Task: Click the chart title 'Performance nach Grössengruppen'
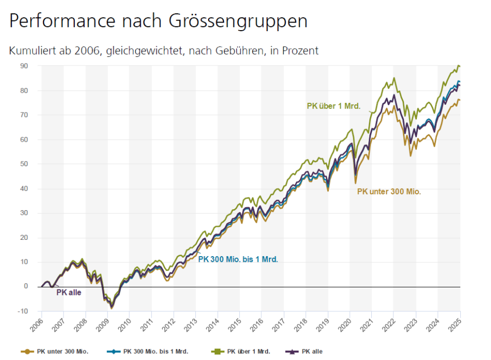tap(158, 21)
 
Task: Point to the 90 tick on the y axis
tap(24, 66)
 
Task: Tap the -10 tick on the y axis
tap(23, 311)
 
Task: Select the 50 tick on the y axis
tap(24, 164)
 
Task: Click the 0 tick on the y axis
tap(26, 286)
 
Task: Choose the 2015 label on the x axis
tap(234, 324)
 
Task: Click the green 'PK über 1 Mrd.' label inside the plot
tap(333, 106)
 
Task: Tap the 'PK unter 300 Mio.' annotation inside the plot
tap(389, 192)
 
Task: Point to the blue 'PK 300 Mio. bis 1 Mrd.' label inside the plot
tap(238, 259)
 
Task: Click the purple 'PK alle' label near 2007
tap(69, 292)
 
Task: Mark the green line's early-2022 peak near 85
tap(394, 78)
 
